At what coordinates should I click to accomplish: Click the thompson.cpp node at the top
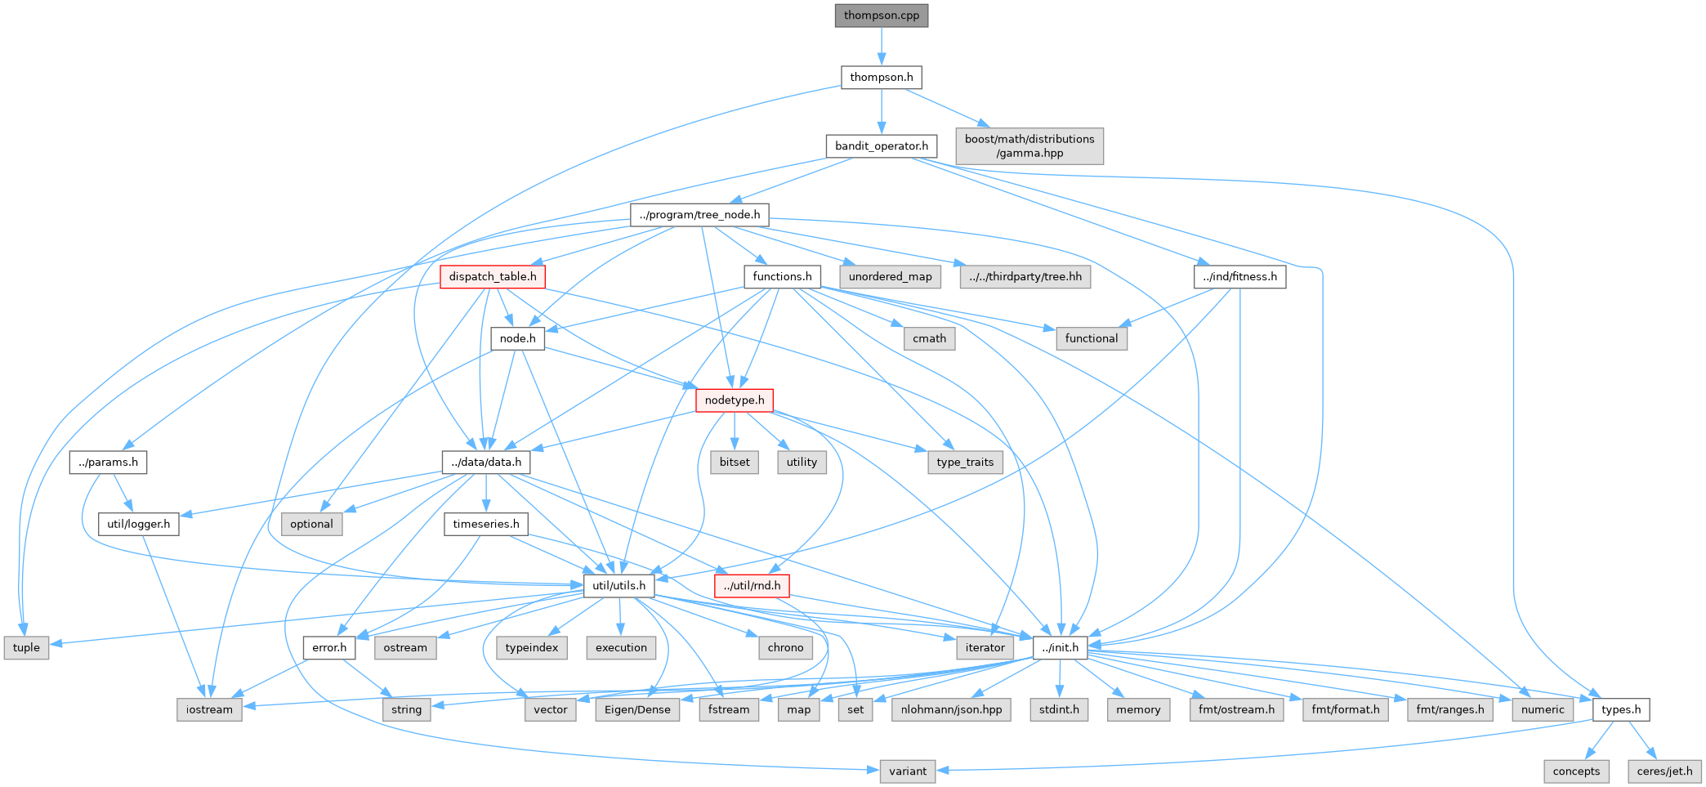[x=882, y=16]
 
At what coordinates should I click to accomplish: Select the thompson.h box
[x=882, y=78]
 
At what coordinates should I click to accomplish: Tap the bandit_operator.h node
[x=882, y=146]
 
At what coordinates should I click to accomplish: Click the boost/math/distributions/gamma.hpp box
[x=1029, y=145]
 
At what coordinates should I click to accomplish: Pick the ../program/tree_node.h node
[x=700, y=215]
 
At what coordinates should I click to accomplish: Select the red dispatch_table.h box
[x=493, y=277]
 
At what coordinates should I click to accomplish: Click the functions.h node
[x=782, y=277]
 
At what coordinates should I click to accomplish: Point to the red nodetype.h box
[x=735, y=400]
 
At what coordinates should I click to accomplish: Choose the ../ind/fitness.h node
[x=1240, y=277]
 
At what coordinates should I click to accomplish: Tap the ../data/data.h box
[x=486, y=463]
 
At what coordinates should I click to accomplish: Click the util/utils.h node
[x=619, y=586]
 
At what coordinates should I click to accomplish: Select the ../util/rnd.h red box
[x=752, y=586]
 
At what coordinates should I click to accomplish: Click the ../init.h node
[x=1061, y=648]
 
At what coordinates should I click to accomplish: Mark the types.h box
[x=1621, y=710]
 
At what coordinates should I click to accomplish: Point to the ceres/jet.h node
[x=1665, y=771]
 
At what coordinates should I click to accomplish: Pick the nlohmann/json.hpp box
[x=952, y=710]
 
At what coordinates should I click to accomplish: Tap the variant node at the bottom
[x=908, y=771]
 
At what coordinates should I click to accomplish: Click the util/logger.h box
[x=139, y=525]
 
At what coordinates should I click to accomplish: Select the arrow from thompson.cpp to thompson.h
[x=882, y=47]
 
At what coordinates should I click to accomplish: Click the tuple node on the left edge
[x=26, y=648]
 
